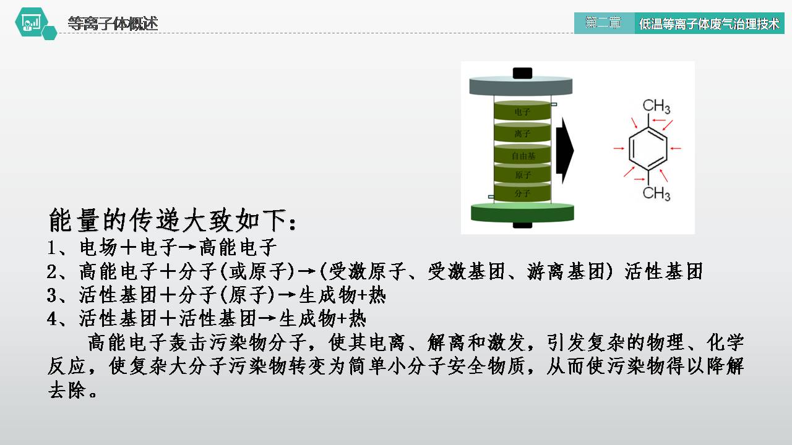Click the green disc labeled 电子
tap(522, 112)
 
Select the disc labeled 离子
tap(522, 133)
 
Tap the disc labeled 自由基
tap(522, 156)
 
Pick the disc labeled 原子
tap(522, 176)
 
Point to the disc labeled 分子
tap(522, 193)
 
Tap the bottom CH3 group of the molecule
tap(656, 193)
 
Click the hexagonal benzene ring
tap(648, 149)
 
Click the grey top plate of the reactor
tap(522, 87)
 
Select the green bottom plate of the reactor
tap(522, 212)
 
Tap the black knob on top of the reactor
tap(522, 72)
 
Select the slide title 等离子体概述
tap(113, 23)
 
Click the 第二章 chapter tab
tap(603, 23)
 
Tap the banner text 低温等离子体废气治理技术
tap(708, 24)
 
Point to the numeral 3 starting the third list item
tap(53, 295)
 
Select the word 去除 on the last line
tap(67, 390)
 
